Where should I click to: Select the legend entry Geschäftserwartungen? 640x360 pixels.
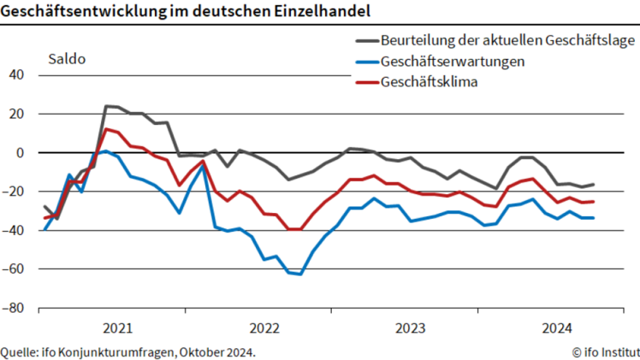coord(453,62)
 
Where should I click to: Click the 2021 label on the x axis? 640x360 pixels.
coord(117,328)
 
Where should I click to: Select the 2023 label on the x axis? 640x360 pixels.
coord(412,328)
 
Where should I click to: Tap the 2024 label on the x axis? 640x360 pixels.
coord(558,328)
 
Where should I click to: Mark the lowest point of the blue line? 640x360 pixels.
coord(300,274)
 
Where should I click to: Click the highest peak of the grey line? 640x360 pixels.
coord(106,106)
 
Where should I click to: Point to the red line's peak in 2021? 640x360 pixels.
coord(105,129)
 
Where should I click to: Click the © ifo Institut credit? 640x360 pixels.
coord(604,351)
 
